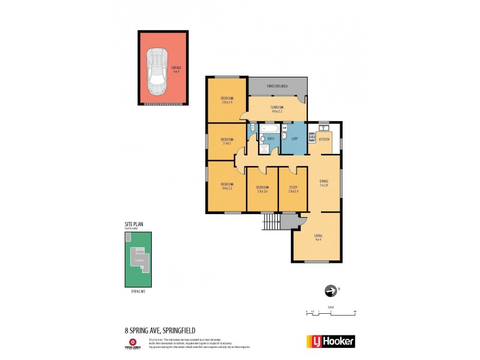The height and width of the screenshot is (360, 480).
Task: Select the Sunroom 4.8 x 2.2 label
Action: (277, 109)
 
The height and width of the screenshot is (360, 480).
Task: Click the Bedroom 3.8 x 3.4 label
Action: (227, 100)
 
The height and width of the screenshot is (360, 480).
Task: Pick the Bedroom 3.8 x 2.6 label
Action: (262, 188)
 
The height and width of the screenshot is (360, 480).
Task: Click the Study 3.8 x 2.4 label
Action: (293, 188)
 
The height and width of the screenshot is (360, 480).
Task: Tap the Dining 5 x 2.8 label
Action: (324, 184)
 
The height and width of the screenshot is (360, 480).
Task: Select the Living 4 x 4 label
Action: (318, 238)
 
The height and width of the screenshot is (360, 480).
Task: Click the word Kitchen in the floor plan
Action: (325, 139)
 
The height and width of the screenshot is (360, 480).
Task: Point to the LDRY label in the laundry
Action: (294, 139)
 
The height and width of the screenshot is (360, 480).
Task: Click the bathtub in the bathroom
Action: (269, 128)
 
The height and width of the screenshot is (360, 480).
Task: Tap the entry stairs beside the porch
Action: (270, 222)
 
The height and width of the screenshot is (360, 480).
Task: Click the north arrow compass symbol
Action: (330, 291)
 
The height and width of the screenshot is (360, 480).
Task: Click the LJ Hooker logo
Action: (331, 341)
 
